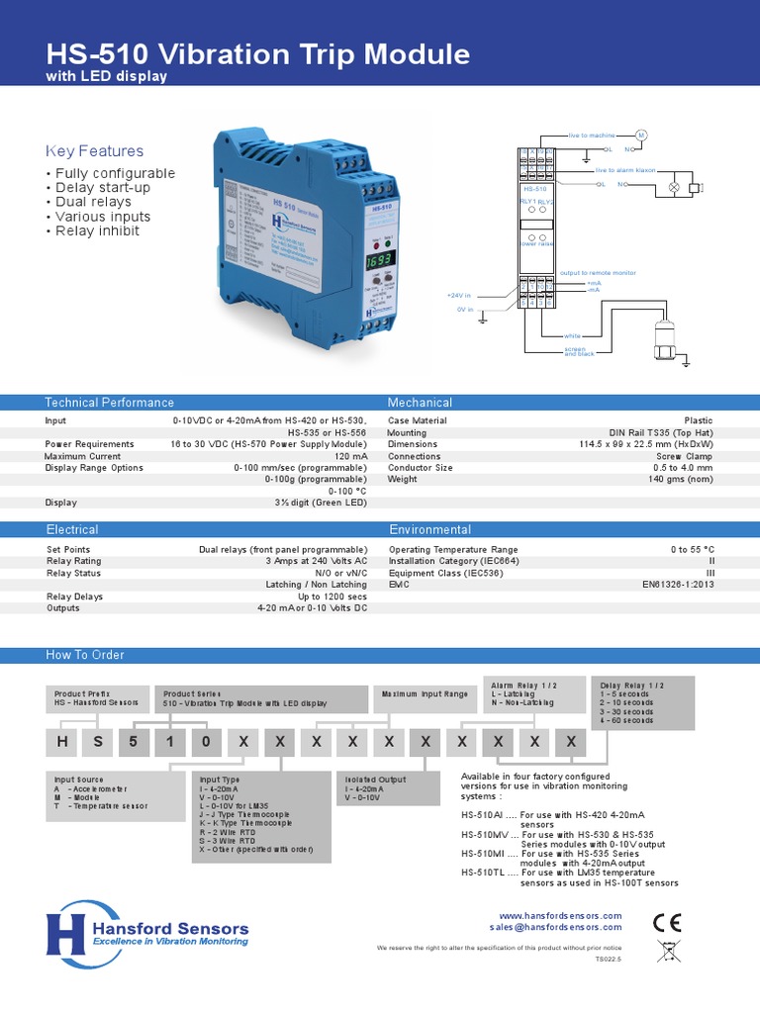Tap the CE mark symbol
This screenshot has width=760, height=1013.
tap(668, 922)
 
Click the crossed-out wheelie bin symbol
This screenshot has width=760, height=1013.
tap(668, 955)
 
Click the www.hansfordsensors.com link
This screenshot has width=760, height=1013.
tap(560, 916)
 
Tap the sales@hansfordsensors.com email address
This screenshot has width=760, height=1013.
tap(555, 928)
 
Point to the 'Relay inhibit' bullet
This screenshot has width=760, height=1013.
tap(96, 231)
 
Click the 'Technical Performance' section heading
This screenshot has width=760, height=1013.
tap(110, 403)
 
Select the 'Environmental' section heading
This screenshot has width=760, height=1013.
tap(429, 530)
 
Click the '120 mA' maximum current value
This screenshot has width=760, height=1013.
tap(350, 456)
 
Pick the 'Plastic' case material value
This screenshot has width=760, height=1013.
tap(698, 420)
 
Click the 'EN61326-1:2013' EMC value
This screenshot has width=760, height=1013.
tap(677, 585)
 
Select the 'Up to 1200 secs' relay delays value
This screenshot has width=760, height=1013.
tap(332, 597)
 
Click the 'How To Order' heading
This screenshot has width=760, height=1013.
tap(85, 655)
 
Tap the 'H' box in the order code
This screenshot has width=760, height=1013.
tap(61, 742)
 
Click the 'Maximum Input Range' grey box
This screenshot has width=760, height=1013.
tap(426, 694)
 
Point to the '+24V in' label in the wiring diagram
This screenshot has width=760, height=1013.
tap(458, 296)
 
